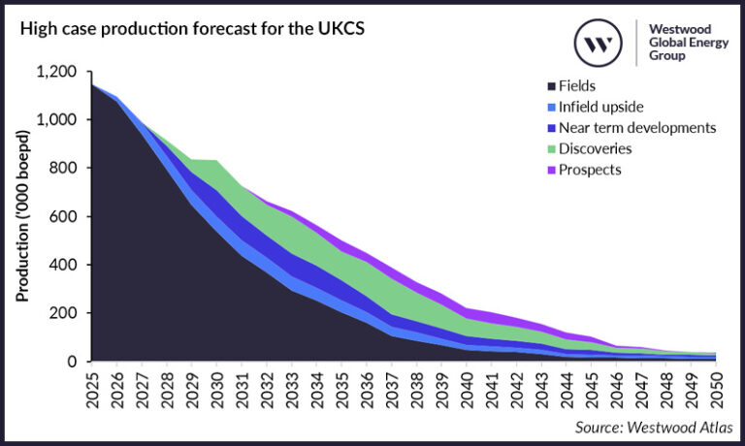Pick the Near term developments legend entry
[630, 127]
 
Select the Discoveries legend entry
[596, 148]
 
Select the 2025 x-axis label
[92, 388]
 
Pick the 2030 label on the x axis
[217, 388]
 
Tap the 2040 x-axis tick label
[468, 388]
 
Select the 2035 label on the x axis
[342, 388]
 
